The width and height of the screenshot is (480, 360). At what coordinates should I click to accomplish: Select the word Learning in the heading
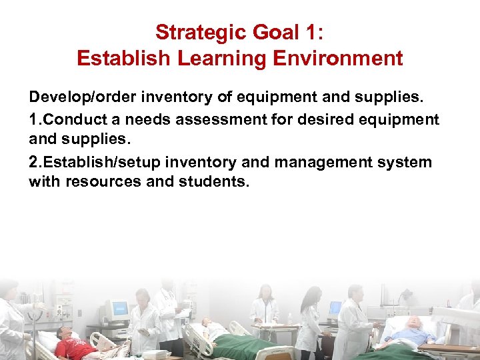coord(209,58)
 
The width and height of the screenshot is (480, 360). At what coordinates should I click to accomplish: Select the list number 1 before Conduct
coord(34,120)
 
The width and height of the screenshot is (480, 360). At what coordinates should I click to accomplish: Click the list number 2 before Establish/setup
coord(34,162)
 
